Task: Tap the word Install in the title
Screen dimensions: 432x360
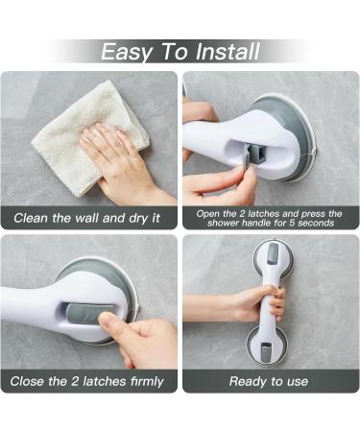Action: click(223, 51)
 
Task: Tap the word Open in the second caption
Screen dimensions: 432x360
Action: click(211, 213)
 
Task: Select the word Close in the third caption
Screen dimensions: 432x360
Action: click(31, 381)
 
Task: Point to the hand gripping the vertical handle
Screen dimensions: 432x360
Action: click(259, 301)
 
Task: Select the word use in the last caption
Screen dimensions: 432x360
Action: click(293, 381)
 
